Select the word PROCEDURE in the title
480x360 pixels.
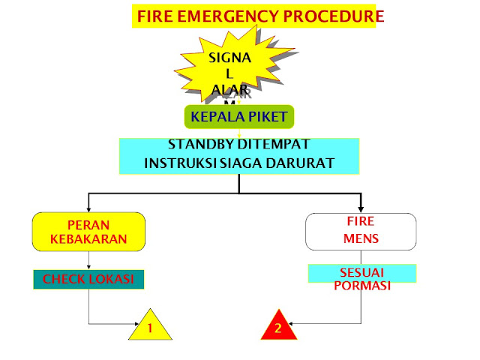327,16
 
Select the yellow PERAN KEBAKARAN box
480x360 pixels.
89,232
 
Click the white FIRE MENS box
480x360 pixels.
361,232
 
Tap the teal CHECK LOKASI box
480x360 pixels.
88,280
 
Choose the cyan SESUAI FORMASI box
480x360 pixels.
362,275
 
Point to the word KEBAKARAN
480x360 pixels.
89,240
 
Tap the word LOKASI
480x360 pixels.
114,280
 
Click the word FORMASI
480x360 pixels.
363,285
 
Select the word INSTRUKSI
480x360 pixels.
177,162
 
